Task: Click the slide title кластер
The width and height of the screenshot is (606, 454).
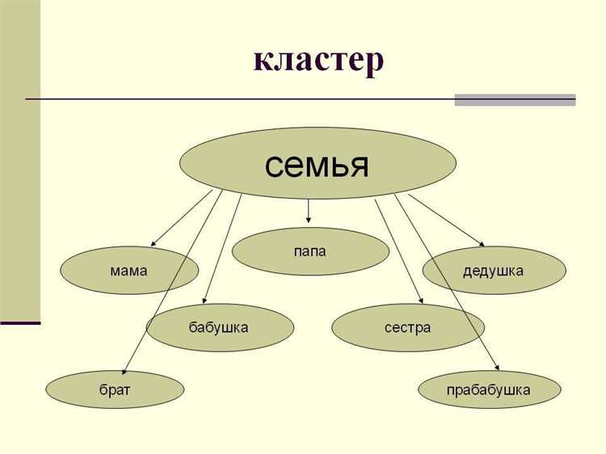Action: pyautogui.click(x=318, y=61)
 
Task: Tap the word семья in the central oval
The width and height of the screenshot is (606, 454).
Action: pyautogui.click(x=317, y=165)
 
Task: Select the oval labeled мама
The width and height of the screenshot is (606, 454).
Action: pyautogui.click(x=129, y=271)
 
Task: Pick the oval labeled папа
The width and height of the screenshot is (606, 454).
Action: pyautogui.click(x=310, y=251)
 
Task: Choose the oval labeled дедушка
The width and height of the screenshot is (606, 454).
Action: pyautogui.click(x=494, y=270)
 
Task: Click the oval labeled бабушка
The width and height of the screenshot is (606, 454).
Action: pyautogui.click(x=218, y=327)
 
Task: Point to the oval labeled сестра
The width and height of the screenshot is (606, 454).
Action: pyautogui.click(x=408, y=327)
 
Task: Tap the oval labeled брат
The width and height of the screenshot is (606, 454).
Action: pyautogui.click(x=116, y=390)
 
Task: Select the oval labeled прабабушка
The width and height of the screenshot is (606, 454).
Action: pyautogui.click(x=489, y=390)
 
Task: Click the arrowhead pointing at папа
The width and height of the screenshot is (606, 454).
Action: pyautogui.click(x=309, y=219)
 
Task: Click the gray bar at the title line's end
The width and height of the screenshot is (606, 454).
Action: pyautogui.click(x=515, y=100)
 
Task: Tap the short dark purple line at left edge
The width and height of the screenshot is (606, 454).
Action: pyautogui.click(x=20, y=323)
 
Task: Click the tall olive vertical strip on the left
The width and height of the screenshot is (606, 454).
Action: pyautogui.click(x=19, y=162)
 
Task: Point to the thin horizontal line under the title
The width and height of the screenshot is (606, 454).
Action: pyautogui.click(x=242, y=99)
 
